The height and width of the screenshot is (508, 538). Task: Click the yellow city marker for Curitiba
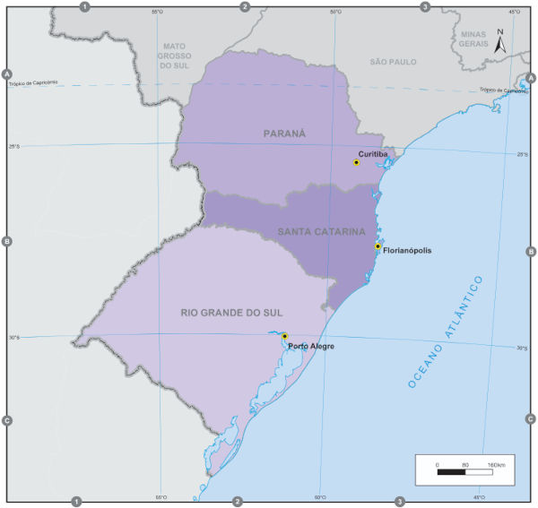[356, 162]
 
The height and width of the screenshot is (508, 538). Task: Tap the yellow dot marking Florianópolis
[377, 246]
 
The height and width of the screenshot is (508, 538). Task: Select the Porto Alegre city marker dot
[284, 336]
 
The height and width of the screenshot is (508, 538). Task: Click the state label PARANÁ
[284, 133]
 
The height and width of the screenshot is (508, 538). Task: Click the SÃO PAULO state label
[395, 62]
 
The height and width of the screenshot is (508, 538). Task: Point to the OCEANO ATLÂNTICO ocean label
[445, 331]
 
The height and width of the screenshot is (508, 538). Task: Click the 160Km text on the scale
[497, 464]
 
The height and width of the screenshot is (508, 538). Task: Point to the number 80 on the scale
[464, 464]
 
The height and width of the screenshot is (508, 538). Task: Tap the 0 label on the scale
[437, 464]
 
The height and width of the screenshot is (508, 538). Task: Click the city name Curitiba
[372, 153]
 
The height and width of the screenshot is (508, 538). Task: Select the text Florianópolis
[407, 251]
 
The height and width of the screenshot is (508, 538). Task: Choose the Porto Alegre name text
[310, 345]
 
